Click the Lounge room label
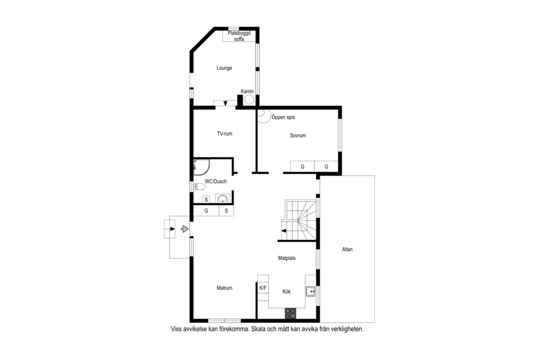tap(224, 68)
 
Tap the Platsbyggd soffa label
tap(239, 36)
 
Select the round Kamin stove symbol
tap(249, 100)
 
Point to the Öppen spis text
tap(283, 117)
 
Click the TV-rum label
tap(224, 134)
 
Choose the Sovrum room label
tap(298, 135)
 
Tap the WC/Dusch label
tap(216, 181)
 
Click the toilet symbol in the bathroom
tap(200, 187)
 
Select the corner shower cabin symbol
tap(201, 167)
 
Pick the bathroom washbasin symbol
tap(223, 199)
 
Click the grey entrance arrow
tap(185, 229)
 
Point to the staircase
tap(299, 220)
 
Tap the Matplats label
tap(287, 258)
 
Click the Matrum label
tap(224, 288)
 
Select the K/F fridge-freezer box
tap(263, 288)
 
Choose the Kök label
tap(286, 291)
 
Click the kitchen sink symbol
tap(311, 291)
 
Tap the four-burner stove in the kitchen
tap(290, 313)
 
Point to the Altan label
tap(347, 250)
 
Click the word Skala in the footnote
tap(258, 329)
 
